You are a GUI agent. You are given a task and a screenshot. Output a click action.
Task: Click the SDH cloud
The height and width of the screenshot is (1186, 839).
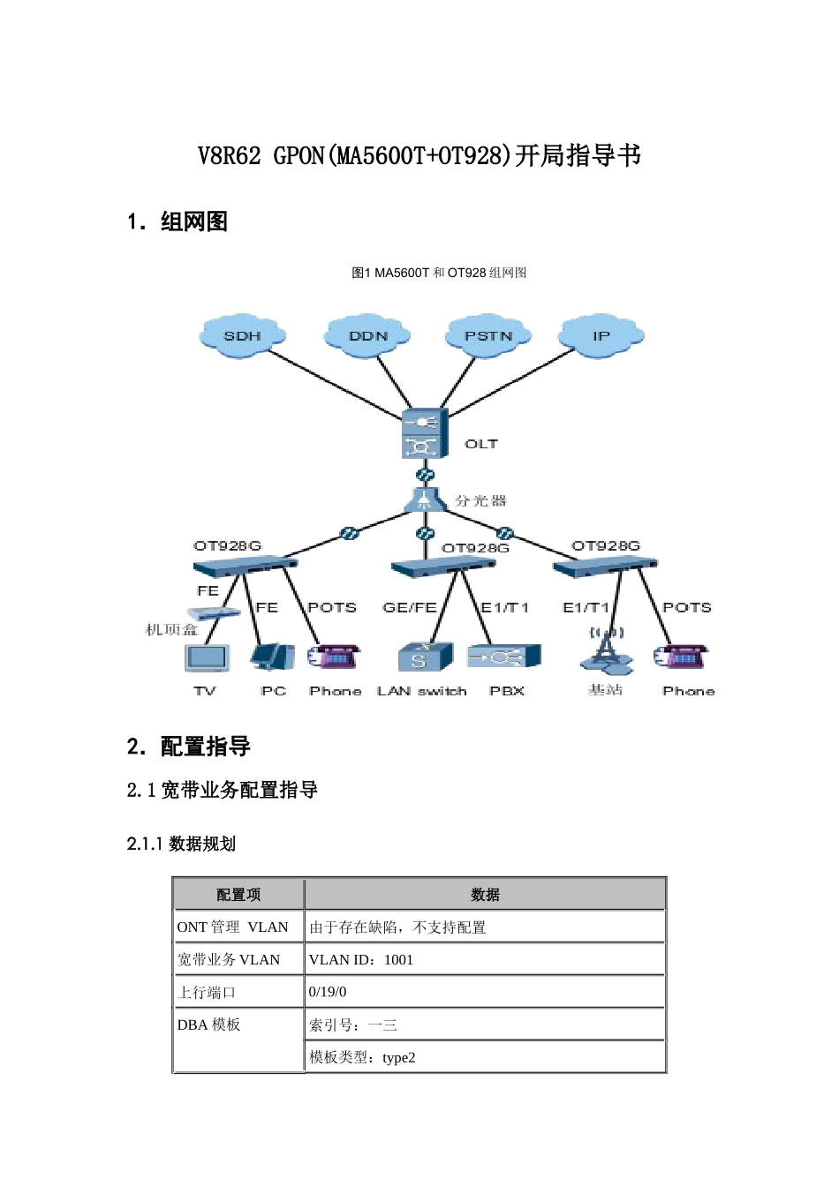pyautogui.click(x=242, y=335)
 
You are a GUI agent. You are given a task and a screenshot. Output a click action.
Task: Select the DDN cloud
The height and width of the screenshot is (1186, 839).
pyautogui.click(x=367, y=335)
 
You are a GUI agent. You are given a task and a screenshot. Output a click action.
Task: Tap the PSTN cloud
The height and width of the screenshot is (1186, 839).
pyautogui.click(x=488, y=335)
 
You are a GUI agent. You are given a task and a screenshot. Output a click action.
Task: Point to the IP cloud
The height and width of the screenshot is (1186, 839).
pyautogui.click(x=601, y=335)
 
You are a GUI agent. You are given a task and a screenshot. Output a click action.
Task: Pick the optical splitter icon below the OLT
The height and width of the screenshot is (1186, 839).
pyautogui.click(x=425, y=500)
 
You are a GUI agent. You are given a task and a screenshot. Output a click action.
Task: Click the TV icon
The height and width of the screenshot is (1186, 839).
pyautogui.click(x=207, y=658)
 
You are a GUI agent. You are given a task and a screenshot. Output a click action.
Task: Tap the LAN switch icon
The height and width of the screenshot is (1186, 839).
pyautogui.click(x=424, y=657)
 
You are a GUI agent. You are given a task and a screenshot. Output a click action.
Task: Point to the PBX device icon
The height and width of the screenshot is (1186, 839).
pyautogui.click(x=503, y=657)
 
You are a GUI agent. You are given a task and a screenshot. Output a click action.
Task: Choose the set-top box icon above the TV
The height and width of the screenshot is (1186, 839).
pyautogui.click(x=213, y=613)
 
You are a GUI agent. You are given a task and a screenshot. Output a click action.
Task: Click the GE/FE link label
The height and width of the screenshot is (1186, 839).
pyautogui.click(x=410, y=607)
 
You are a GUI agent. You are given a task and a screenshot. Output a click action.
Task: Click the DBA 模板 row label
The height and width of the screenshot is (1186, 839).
pyautogui.click(x=209, y=1025)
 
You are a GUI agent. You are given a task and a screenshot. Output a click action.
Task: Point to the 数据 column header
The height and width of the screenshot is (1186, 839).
pyautogui.click(x=485, y=894)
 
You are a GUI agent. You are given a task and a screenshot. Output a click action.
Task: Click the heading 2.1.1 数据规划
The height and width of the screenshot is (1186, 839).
pyautogui.click(x=181, y=844)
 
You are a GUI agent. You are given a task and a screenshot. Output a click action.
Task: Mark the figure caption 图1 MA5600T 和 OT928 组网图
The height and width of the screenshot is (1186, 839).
pyautogui.click(x=439, y=273)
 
